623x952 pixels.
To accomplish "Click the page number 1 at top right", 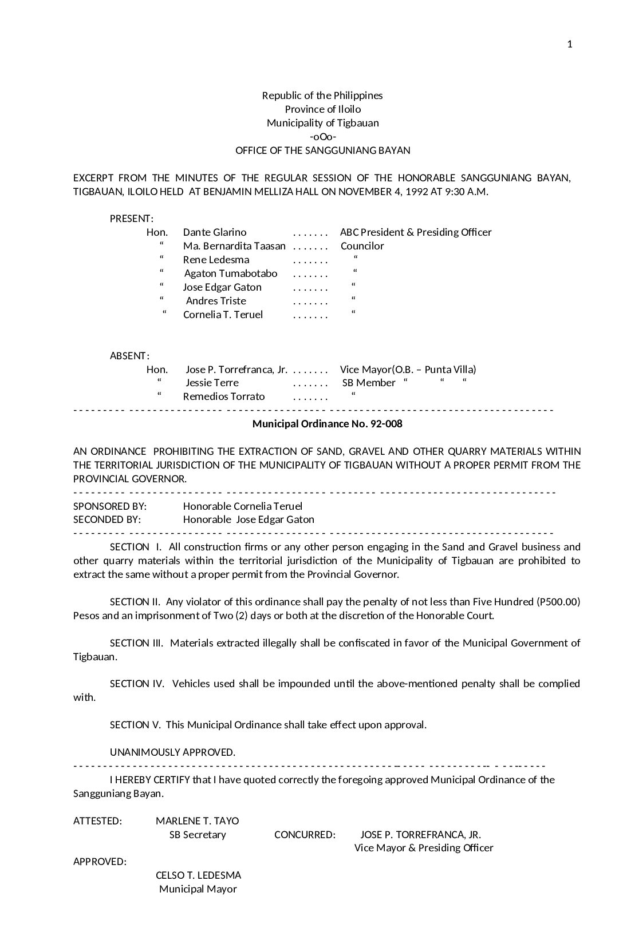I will (569, 45).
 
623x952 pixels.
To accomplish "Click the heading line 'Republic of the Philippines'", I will (322, 96).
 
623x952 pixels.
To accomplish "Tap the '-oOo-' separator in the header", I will (322, 137).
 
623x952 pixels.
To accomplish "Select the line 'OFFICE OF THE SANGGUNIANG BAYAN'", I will (322, 150).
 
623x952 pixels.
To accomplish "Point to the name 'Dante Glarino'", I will (215, 232).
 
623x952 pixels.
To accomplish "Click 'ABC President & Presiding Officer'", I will (416, 232).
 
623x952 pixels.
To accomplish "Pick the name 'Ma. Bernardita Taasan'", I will (234, 246).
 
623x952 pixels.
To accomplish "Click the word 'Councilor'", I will (362, 246).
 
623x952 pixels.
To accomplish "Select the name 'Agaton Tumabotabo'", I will (231, 273).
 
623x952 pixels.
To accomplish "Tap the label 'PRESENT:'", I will (131, 219).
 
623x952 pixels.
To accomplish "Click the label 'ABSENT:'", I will (129, 356).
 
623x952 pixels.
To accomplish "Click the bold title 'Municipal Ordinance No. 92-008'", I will (327, 424).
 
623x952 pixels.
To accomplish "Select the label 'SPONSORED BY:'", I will (110, 506).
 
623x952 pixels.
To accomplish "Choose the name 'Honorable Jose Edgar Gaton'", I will (249, 519).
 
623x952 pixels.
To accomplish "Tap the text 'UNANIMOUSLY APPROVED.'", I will (172, 752).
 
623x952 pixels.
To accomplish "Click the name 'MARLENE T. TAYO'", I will (197, 821).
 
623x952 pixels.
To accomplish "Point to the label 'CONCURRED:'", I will (305, 835).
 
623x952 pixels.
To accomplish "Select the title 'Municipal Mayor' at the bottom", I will (198, 889).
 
